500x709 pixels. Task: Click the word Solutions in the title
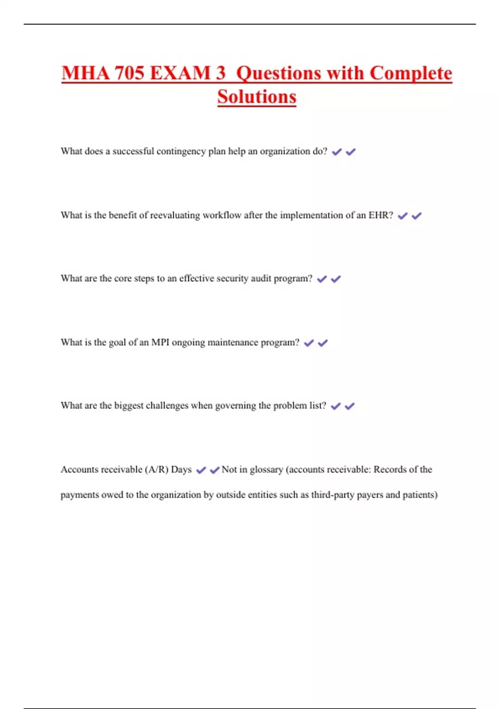click(257, 97)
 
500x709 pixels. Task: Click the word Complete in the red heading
click(411, 73)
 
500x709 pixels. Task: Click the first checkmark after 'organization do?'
click(337, 152)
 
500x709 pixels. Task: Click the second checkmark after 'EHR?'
click(417, 216)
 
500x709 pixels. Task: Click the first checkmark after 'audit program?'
click(322, 279)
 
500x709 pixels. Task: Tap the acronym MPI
click(160, 342)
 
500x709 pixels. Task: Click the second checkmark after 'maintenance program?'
click(323, 343)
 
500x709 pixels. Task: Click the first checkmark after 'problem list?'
click(336, 406)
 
